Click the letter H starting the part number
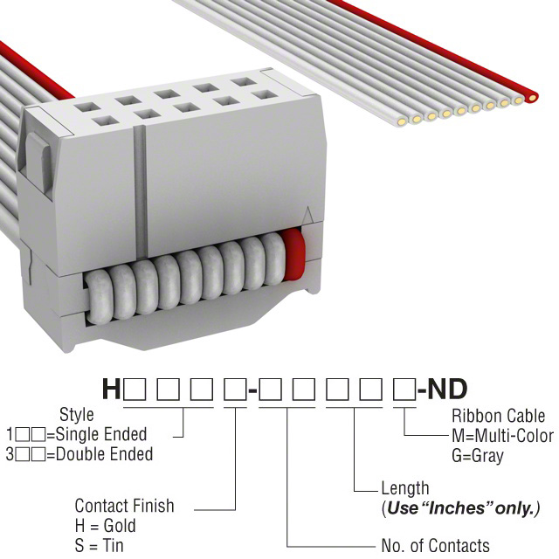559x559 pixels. tap(112, 388)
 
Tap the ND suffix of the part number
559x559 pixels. tap(447, 388)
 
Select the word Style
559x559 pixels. tap(77, 415)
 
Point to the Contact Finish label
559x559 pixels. tap(124, 506)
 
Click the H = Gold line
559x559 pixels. tap(106, 526)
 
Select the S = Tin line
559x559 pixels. tap(100, 546)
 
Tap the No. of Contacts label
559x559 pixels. tap(436, 546)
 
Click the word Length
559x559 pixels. tap(405, 489)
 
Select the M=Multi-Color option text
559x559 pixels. tap(503, 436)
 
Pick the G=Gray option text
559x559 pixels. tap(479, 455)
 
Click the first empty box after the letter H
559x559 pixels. tap(135, 389)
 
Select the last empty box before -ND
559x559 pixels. tap(403, 389)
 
